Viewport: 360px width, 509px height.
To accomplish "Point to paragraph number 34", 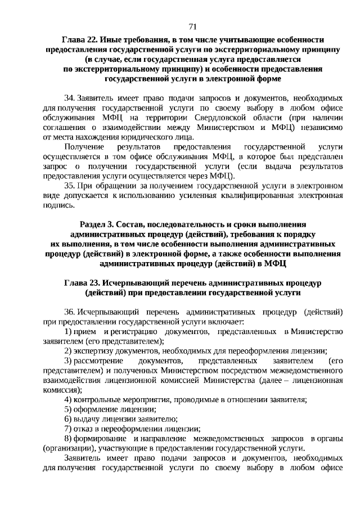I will pyautogui.click(x=70, y=97).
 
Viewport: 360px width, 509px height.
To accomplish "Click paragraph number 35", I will pyautogui.click(x=70, y=185).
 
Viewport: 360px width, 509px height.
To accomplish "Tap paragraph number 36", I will pyautogui.click(x=70, y=312).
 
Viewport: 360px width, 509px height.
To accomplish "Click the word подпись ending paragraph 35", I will pyautogui.click(x=58, y=205).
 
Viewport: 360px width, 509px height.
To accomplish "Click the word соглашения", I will pyautogui.click(x=65, y=127).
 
